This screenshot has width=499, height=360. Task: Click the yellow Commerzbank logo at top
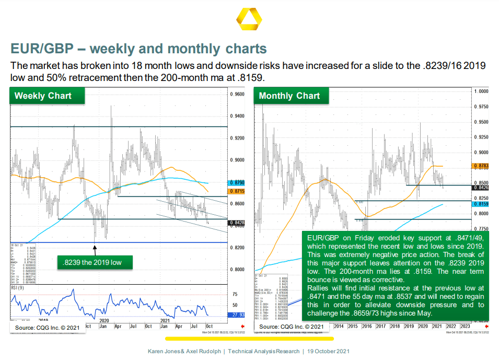point(249,23)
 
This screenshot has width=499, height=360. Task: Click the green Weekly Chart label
point(43,96)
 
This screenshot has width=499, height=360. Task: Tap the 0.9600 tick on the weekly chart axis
point(238,95)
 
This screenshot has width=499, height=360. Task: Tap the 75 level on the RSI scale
point(235,294)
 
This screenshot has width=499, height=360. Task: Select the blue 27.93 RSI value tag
point(235,315)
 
